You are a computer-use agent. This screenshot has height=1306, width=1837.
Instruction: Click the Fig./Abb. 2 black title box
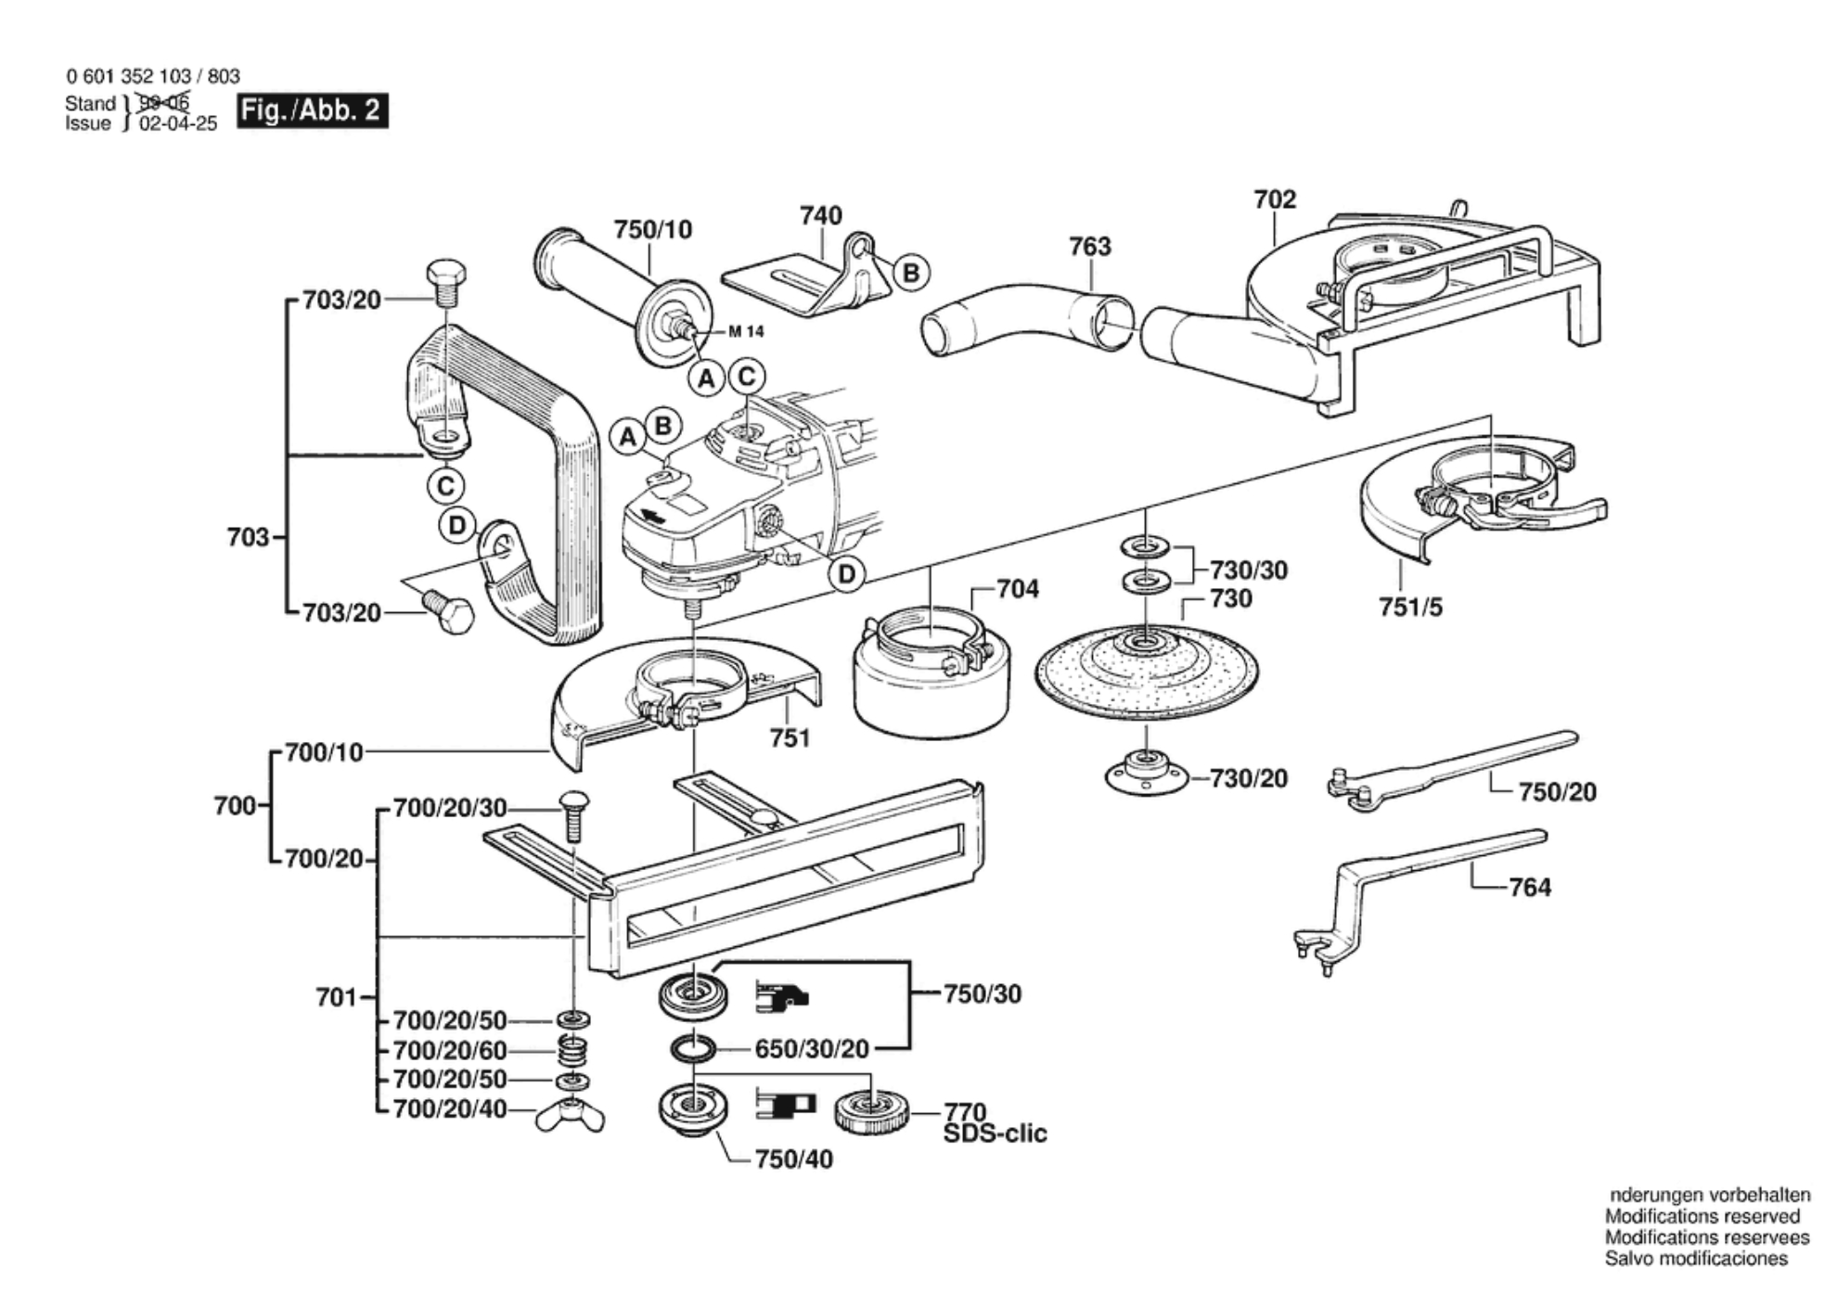tap(312, 110)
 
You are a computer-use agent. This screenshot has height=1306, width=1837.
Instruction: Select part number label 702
tap(1274, 199)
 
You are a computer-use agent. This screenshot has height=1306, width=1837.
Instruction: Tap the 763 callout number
tap(1089, 247)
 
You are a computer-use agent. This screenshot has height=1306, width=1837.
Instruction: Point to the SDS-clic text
tap(995, 1133)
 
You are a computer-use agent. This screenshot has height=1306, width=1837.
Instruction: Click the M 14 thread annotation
tap(746, 331)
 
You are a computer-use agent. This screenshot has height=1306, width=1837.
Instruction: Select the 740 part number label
tap(820, 215)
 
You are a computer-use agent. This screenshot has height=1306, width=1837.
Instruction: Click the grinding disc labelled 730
tap(1147, 671)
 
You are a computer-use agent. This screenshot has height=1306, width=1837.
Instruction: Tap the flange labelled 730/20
tap(1148, 773)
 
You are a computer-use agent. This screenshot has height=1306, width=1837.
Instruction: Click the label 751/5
tap(1410, 608)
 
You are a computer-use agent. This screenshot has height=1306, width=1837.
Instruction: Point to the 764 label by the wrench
tap(1529, 888)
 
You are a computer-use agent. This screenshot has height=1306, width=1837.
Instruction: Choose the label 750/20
tap(1557, 792)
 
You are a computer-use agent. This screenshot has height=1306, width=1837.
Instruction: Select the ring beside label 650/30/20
tap(693, 1049)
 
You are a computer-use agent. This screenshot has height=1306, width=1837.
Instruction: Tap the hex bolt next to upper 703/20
tap(445, 283)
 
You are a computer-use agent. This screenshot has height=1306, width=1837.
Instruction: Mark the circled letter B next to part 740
tap(911, 273)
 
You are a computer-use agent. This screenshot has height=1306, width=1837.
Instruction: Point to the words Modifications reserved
tap(1702, 1216)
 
